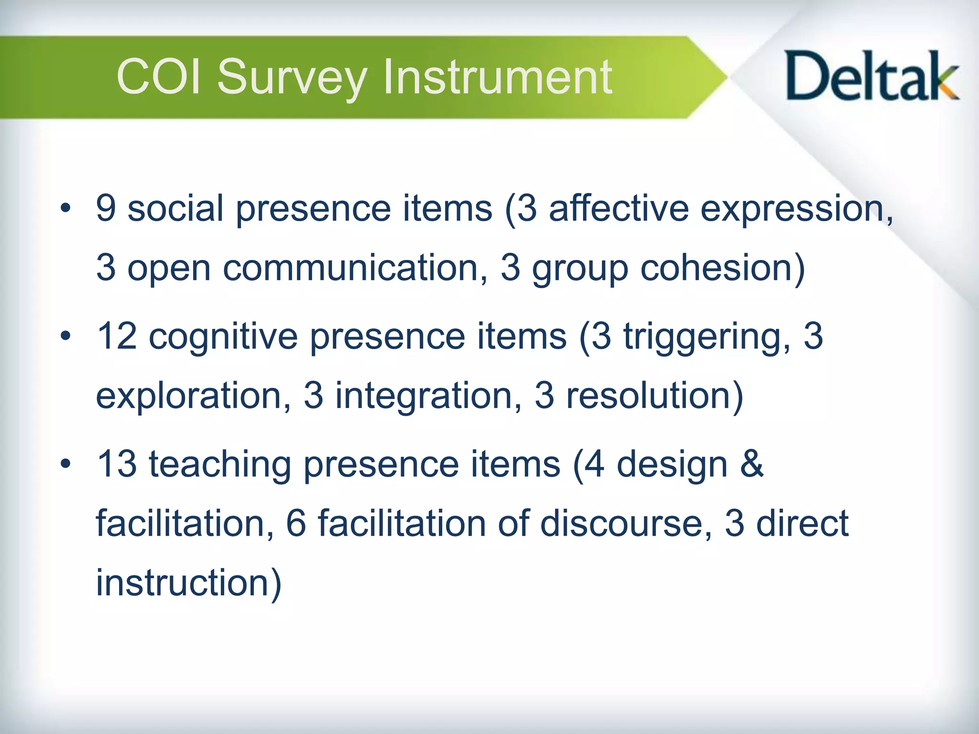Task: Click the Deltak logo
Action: [x=871, y=76]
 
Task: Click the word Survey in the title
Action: [x=292, y=77]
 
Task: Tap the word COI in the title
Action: [x=159, y=76]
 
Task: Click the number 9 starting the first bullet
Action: [x=106, y=208]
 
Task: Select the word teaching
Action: [x=220, y=465]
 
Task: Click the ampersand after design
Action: [x=751, y=464]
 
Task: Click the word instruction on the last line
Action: [x=184, y=583]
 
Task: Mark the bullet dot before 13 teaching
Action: [x=65, y=464]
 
